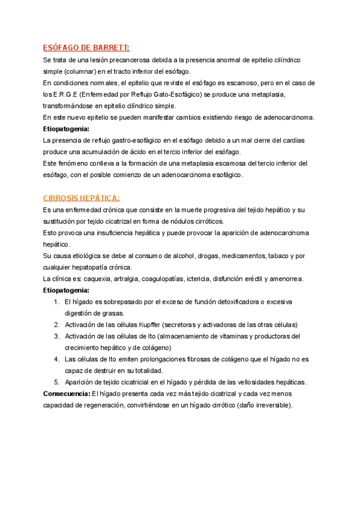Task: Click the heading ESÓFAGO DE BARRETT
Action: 86,48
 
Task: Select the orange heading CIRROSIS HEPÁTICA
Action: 82,197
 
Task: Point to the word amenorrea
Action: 286,279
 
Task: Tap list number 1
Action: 56,301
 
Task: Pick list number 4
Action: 56,359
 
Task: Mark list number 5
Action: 56,382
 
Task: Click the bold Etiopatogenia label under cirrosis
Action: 66,290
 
